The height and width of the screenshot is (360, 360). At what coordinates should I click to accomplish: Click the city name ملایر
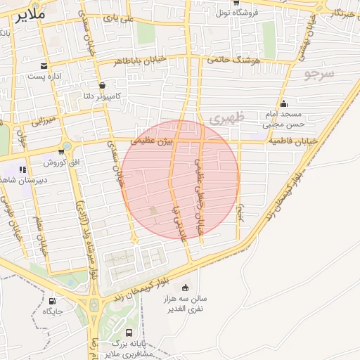[15, 14]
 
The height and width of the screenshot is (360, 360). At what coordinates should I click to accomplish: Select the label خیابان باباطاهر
[143, 61]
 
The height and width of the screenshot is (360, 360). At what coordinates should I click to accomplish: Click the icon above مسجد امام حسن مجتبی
[283, 105]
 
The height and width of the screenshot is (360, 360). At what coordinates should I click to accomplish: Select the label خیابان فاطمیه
[292, 141]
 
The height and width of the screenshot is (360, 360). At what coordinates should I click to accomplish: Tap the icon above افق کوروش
[65, 149]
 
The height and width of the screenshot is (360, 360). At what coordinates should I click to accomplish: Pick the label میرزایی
[44, 122]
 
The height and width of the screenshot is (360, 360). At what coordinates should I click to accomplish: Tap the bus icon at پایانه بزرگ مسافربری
[129, 333]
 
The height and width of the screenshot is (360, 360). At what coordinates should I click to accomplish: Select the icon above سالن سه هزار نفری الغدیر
[186, 287]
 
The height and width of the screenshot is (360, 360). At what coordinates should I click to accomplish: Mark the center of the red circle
[180, 179]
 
